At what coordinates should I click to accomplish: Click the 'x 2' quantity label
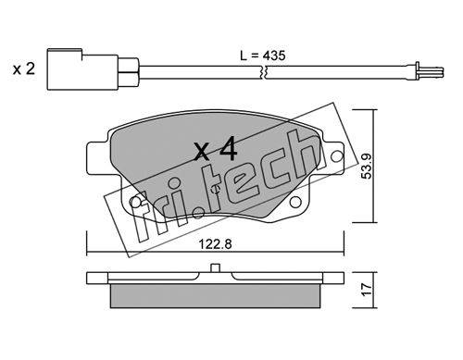tap(24, 69)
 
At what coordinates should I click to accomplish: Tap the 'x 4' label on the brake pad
tap(216, 149)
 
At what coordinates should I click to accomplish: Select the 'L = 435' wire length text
tap(263, 56)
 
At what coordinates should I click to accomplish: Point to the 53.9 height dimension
tap(367, 166)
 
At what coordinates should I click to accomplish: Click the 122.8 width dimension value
tap(215, 244)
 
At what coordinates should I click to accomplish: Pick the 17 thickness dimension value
tap(367, 290)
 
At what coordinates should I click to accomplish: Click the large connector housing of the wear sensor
tap(82, 69)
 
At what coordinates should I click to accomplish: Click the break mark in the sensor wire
tap(263, 72)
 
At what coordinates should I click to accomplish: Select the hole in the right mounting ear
tap(337, 155)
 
